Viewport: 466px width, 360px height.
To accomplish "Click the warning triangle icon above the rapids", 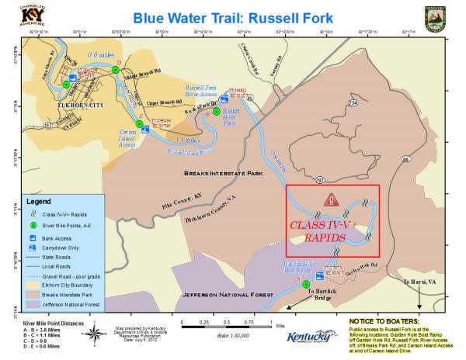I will [331, 199].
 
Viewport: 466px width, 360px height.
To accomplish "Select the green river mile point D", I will [116, 69].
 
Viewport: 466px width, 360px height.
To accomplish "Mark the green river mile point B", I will [217, 112].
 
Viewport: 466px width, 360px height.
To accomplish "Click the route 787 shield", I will [319, 179].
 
